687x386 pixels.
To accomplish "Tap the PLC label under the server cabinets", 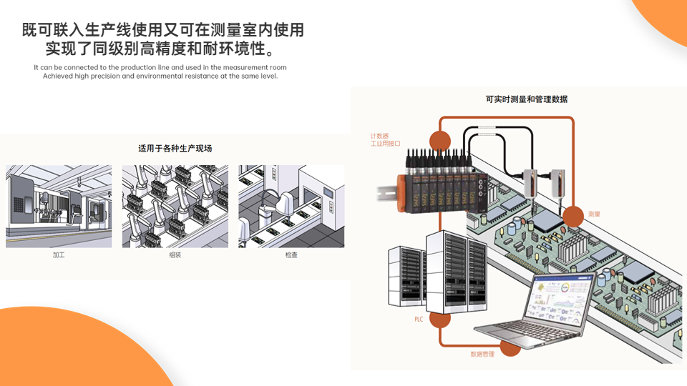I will [x=419, y=319].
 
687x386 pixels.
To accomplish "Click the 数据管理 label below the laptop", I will [x=482, y=355].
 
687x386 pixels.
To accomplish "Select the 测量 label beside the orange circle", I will [x=594, y=214].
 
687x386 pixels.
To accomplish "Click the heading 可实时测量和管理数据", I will [x=526, y=99].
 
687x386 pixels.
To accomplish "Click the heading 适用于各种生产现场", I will [x=175, y=149].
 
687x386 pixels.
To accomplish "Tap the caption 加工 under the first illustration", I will [x=59, y=254].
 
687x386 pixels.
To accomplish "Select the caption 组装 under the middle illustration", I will [x=175, y=254].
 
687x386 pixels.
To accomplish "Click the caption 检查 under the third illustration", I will [x=291, y=254].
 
